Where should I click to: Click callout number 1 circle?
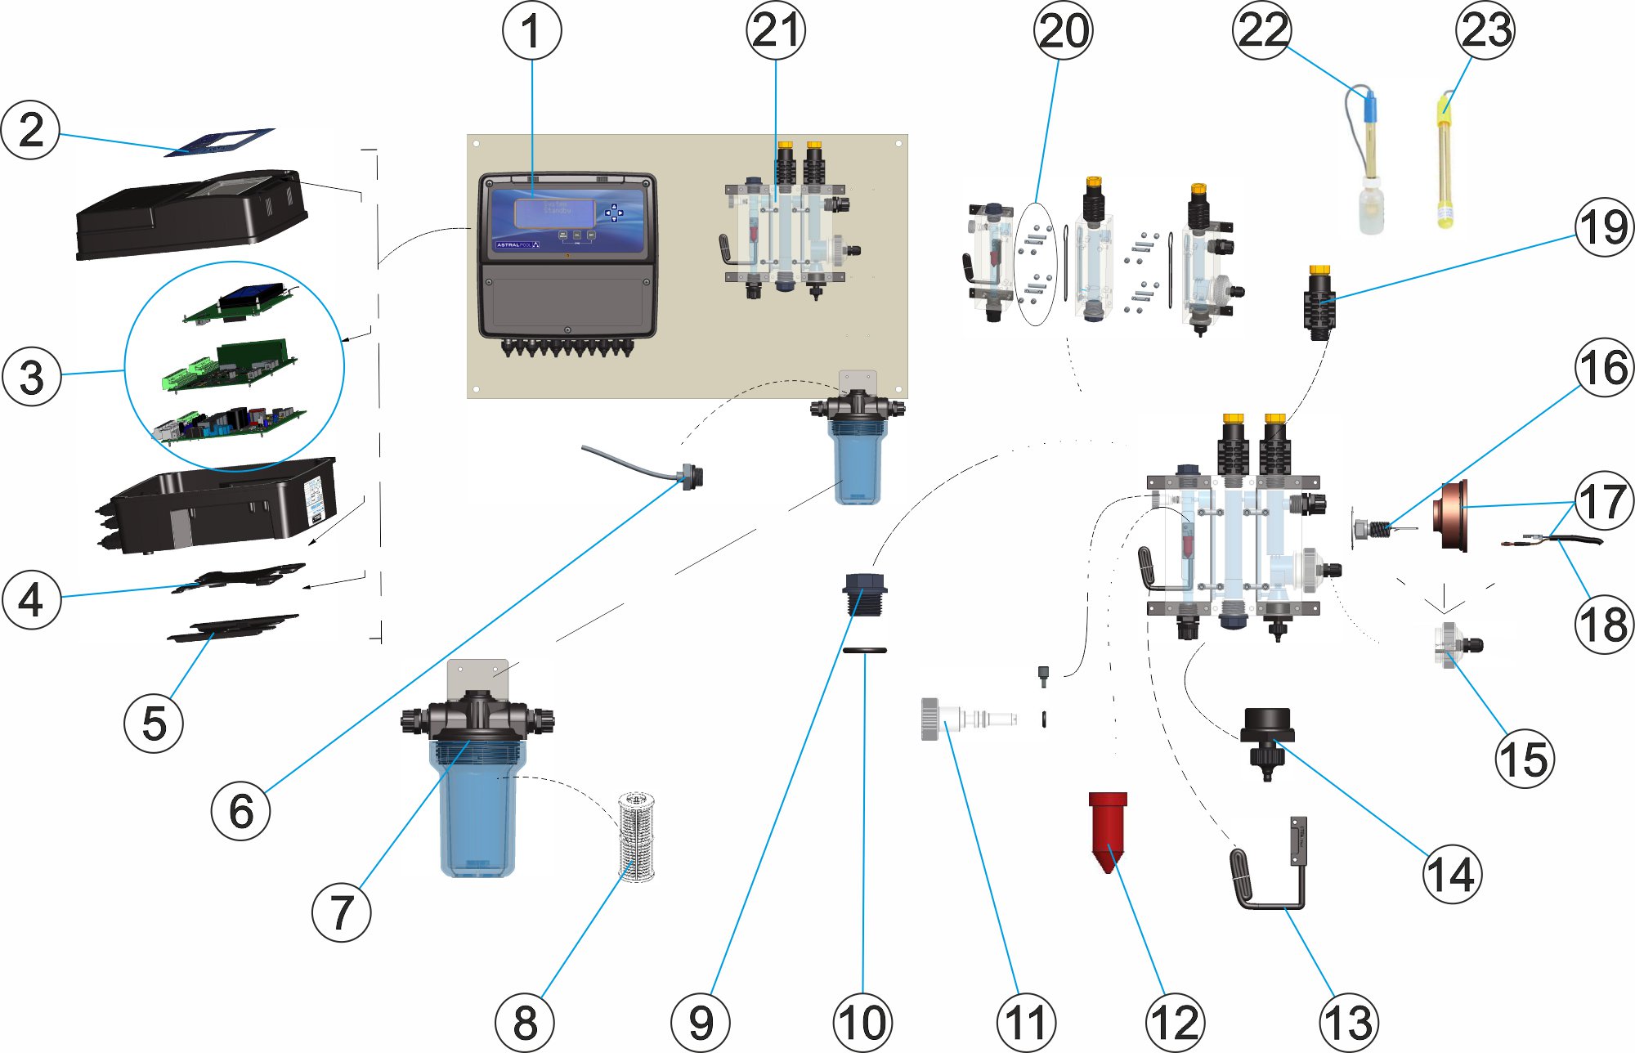click(x=531, y=30)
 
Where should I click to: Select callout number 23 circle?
click(x=1485, y=30)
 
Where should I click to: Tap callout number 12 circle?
click(x=1175, y=1022)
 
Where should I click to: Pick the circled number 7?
click(x=342, y=912)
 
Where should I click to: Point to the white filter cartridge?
click(x=637, y=836)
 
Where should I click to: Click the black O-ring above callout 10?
click(x=864, y=651)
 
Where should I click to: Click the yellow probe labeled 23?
click(x=1445, y=164)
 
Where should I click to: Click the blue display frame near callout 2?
click(x=219, y=141)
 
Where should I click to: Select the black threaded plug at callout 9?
click(x=865, y=594)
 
